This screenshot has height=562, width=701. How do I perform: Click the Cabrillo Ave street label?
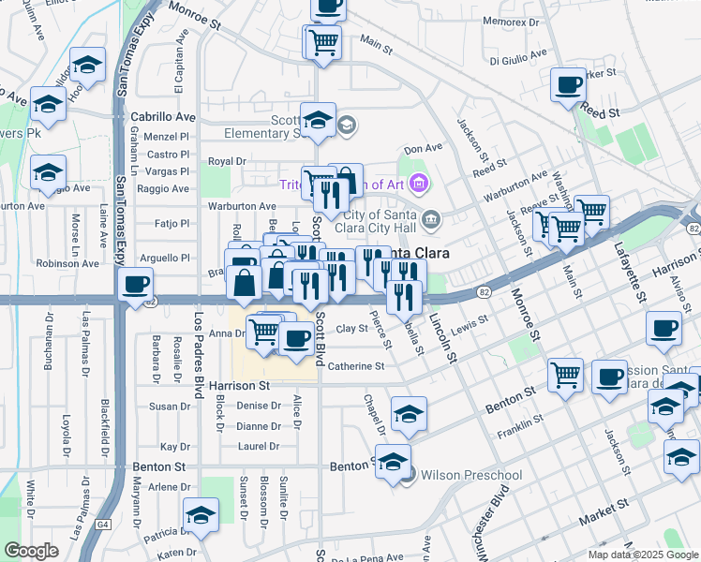[x=162, y=117]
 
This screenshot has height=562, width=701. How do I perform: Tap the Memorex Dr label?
[x=510, y=21]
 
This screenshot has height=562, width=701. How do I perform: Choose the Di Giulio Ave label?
[x=514, y=55]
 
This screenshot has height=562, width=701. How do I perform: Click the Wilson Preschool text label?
[x=471, y=475]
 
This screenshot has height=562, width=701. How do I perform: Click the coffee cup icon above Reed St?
[x=568, y=85]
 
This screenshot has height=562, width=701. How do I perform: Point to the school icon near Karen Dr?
[x=200, y=515]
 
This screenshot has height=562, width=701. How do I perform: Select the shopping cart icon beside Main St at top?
[x=322, y=41]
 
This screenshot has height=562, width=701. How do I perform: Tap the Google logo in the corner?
[x=31, y=551]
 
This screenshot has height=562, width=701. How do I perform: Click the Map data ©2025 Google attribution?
[x=642, y=555]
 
